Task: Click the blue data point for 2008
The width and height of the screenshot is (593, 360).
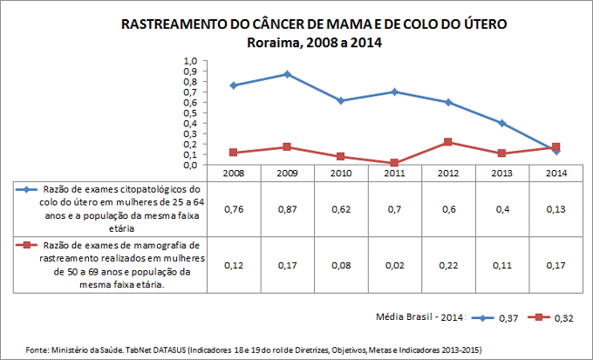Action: (233, 85)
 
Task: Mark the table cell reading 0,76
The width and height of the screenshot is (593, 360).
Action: (233, 209)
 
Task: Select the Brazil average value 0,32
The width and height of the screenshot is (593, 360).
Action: (563, 318)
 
